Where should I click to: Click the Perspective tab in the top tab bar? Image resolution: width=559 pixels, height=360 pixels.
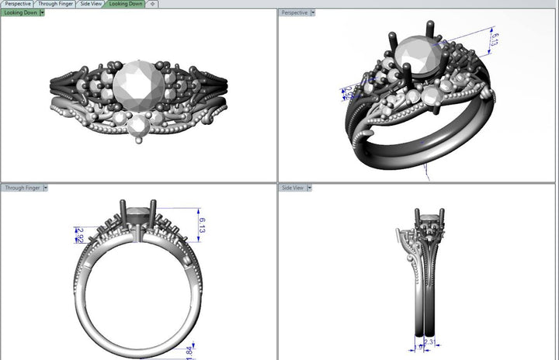[17, 4]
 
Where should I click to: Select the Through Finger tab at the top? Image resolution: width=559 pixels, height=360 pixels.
[56, 4]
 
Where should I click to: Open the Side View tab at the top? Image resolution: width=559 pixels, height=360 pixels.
[91, 4]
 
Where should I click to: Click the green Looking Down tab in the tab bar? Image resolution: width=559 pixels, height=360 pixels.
[125, 4]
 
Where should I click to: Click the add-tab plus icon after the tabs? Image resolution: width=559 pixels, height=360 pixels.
[152, 4]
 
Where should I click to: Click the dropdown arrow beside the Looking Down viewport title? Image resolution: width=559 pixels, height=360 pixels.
[42, 12]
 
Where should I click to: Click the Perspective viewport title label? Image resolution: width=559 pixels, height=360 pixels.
[294, 12]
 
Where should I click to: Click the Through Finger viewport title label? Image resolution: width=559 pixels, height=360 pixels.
[22, 188]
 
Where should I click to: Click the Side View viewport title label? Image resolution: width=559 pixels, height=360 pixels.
[293, 188]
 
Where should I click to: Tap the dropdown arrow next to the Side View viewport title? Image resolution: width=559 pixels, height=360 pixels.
[310, 188]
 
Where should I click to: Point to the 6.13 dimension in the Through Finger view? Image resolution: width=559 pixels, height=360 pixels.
[202, 225]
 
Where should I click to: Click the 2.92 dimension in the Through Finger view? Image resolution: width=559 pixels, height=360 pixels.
[79, 234]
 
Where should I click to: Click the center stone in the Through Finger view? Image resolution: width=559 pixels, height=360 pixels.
[138, 210]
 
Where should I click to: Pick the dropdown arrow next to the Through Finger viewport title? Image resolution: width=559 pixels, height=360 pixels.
[46, 188]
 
